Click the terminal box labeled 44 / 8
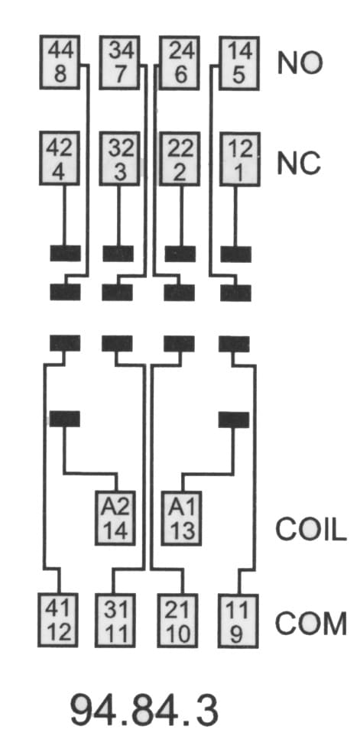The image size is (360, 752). click(x=60, y=63)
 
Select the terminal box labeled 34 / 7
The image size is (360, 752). click(x=119, y=63)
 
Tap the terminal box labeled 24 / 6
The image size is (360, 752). click(x=180, y=63)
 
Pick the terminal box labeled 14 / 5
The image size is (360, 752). click(x=239, y=63)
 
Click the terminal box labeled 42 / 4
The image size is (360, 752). click(x=60, y=158)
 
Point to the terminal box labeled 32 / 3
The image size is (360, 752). click(x=119, y=158)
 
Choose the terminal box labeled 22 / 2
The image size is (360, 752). click(x=180, y=158)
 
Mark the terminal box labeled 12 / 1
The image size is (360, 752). click(x=239, y=158)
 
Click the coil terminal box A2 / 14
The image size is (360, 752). click(x=115, y=517)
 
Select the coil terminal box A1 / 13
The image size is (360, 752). click(x=182, y=517)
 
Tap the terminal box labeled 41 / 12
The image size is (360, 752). click(x=59, y=620)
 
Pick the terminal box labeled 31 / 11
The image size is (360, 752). click(x=115, y=620)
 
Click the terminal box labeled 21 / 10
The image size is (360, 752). click(x=178, y=620)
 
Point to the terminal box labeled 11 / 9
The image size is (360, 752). click(x=238, y=620)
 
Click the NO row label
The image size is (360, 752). click(x=300, y=63)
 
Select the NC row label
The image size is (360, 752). click(x=299, y=163)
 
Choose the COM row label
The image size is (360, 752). click(x=310, y=624)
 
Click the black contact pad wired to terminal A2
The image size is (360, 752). click(x=65, y=419)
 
